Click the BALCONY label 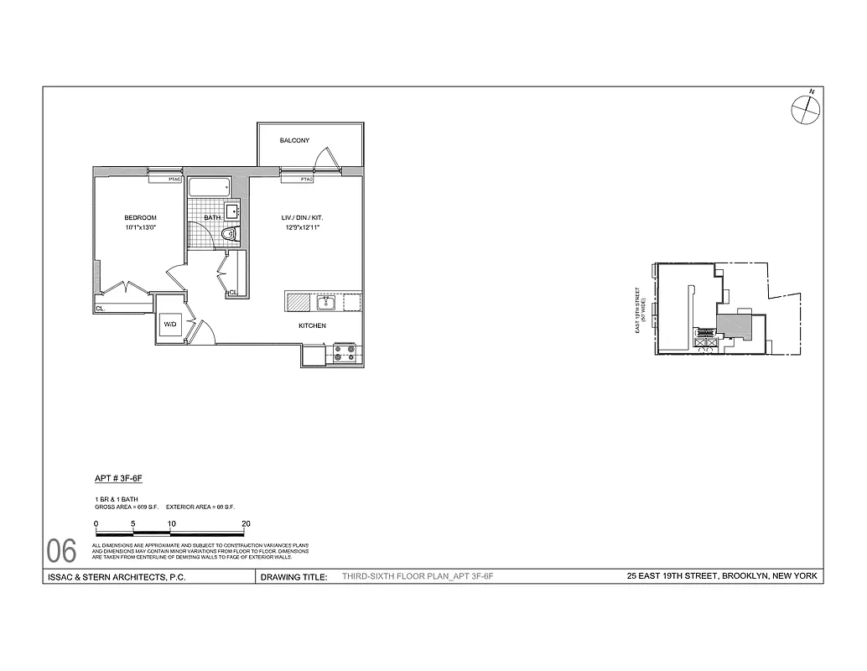point(294,140)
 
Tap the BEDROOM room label point(140,218)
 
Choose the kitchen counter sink point(325,302)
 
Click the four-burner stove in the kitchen point(345,353)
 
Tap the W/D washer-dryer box point(170,323)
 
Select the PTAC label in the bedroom point(174,178)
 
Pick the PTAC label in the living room point(306,179)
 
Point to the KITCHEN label point(312,325)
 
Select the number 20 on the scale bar point(246,523)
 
